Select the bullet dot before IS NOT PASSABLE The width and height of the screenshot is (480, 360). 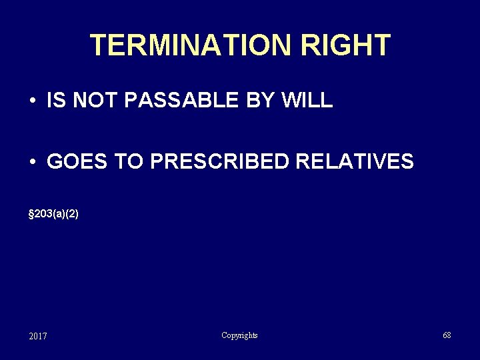[32, 101]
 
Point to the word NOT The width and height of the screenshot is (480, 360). [93, 101]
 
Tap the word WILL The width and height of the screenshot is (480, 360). [307, 101]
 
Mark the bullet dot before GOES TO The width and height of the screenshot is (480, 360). [32, 162]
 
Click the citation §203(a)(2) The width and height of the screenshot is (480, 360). [54, 214]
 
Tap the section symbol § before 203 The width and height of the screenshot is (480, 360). [32, 214]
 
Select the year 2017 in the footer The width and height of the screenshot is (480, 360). [38, 336]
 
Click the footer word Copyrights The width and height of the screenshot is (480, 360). [239, 335]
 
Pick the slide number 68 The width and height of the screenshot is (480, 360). [447, 335]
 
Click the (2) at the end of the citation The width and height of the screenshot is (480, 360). [72, 214]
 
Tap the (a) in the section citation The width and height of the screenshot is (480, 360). [59, 214]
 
